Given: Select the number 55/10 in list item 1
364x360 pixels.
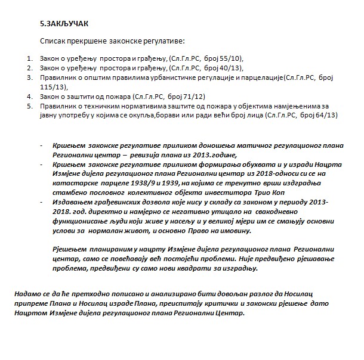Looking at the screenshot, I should pyautogui.click(x=231, y=59).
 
